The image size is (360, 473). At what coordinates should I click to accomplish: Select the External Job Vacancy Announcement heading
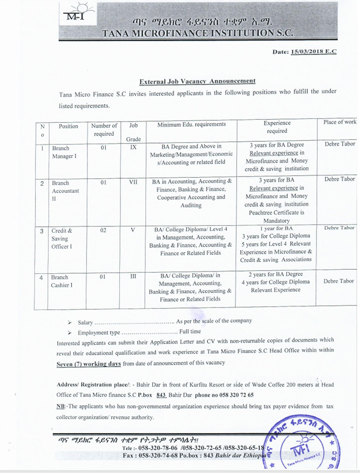[197, 81]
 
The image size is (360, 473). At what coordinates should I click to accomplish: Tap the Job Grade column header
[133, 132]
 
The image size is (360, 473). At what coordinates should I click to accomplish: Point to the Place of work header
[340, 123]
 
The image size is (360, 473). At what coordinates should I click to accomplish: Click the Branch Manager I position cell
[64, 152]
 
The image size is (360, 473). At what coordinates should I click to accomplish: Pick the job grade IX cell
[133, 148]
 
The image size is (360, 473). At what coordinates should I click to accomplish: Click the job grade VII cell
[133, 182]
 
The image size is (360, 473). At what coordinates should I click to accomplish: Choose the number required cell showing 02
[104, 230]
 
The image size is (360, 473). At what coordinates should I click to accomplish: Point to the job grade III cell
[133, 277]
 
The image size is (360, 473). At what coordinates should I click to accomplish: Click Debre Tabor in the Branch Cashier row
[339, 281]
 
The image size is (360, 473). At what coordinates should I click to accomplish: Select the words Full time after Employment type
[190, 332]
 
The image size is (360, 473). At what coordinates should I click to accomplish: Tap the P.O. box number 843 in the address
[161, 395]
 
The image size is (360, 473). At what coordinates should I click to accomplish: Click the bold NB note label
[62, 406]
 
